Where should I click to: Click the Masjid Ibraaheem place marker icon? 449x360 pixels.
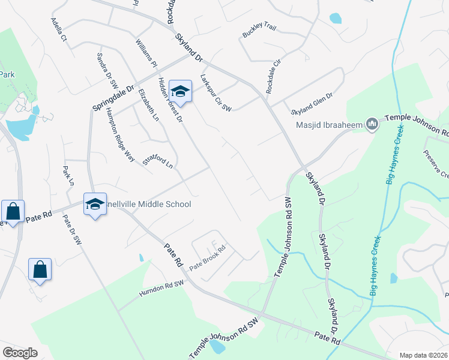[x=372, y=124]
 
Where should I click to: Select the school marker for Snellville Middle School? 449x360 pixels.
[x=95, y=205]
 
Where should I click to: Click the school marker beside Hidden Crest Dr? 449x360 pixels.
[x=179, y=92]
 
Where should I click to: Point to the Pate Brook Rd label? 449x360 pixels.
[x=207, y=257]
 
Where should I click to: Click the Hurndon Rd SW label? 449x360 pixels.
[x=160, y=289]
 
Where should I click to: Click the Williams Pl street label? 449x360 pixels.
[x=146, y=53]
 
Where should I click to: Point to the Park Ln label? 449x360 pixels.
[x=67, y=176]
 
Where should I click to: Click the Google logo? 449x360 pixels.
[x=20, y=353]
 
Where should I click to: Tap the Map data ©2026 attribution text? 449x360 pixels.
[x=423, y=355]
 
